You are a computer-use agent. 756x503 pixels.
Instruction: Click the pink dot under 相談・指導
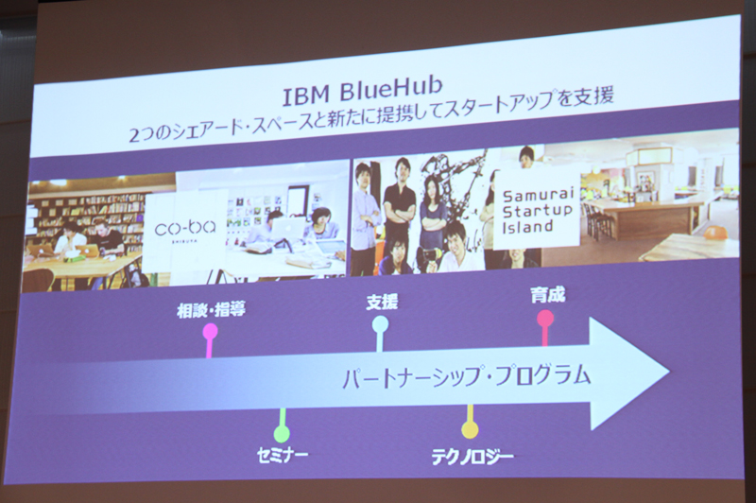coord(210,331)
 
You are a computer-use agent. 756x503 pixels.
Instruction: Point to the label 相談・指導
coord(210,308)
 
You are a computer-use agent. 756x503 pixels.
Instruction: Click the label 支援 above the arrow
coord(382,302)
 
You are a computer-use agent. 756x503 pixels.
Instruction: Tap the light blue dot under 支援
coord(380,323)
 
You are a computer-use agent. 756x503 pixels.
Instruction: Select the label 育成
coord(548,295)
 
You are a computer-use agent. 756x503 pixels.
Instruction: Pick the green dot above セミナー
coord(282,434)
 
